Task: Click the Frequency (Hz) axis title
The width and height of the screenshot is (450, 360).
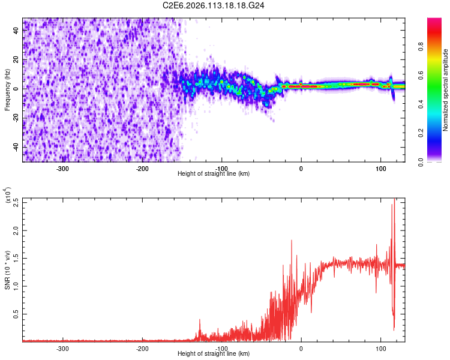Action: click(x=7, y=89)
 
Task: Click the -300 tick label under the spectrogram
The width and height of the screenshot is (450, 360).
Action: click(x=63, y=169)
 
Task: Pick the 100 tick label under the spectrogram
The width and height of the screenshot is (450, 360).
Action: click(x=380, y=169)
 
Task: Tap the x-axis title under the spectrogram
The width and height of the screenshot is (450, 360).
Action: click(x=214, y=173)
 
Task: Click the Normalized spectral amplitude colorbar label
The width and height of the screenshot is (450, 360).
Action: click(x=446, y=90)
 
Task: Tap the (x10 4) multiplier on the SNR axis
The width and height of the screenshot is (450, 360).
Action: click(x=7, y=196)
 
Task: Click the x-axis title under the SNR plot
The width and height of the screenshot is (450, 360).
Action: click(x=214, y=353)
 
